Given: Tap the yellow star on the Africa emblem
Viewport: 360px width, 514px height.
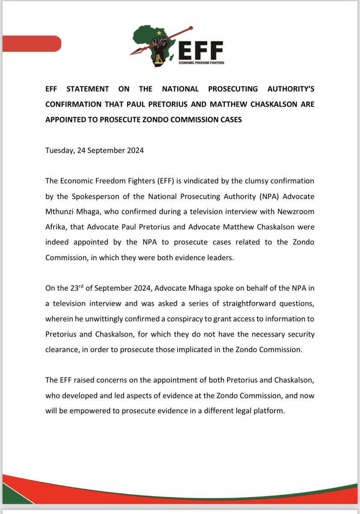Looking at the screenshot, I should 159,32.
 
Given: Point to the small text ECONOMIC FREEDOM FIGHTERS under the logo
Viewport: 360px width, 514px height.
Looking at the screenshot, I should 201,62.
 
